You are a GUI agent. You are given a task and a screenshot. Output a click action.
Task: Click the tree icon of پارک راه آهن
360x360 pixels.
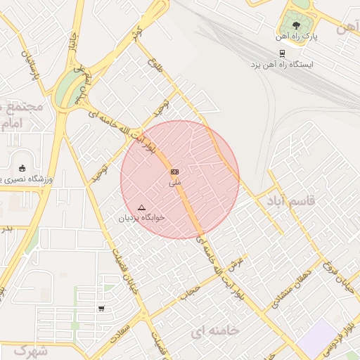tap(297, 26)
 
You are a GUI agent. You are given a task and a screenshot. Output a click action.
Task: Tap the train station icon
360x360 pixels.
tap(282, 53)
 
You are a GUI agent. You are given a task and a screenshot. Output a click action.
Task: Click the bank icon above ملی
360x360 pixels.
tap(174, 172)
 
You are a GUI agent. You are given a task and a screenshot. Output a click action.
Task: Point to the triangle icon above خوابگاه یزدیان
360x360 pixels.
tap(141, 207)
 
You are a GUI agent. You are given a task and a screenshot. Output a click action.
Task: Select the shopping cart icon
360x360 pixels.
tap(102, 309)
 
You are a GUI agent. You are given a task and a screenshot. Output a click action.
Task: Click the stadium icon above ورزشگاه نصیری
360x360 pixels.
tap(22, 168)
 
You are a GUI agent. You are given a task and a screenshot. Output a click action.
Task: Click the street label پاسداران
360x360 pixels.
tap(28, 64)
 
